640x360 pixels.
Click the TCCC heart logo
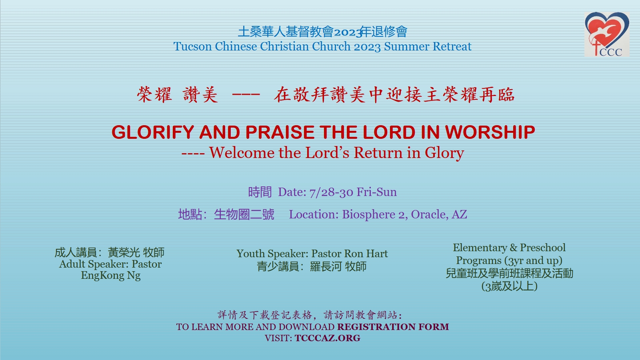click(607, 34)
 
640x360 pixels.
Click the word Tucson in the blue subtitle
click(192, 46)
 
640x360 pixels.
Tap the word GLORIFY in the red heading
click(153, 132)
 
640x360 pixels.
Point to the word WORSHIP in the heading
click(490, 132)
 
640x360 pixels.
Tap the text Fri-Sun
click(376, 192)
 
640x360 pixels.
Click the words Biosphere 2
click(375, 214)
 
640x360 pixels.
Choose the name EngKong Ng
click(110, 276)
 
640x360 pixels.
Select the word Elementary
click(480, 248)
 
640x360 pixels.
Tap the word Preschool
click(542, 248)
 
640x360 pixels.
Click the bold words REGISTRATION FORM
click(393, 326)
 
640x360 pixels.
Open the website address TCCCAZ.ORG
click(328, 338)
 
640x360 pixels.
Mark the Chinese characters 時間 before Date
click(260, 192)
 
